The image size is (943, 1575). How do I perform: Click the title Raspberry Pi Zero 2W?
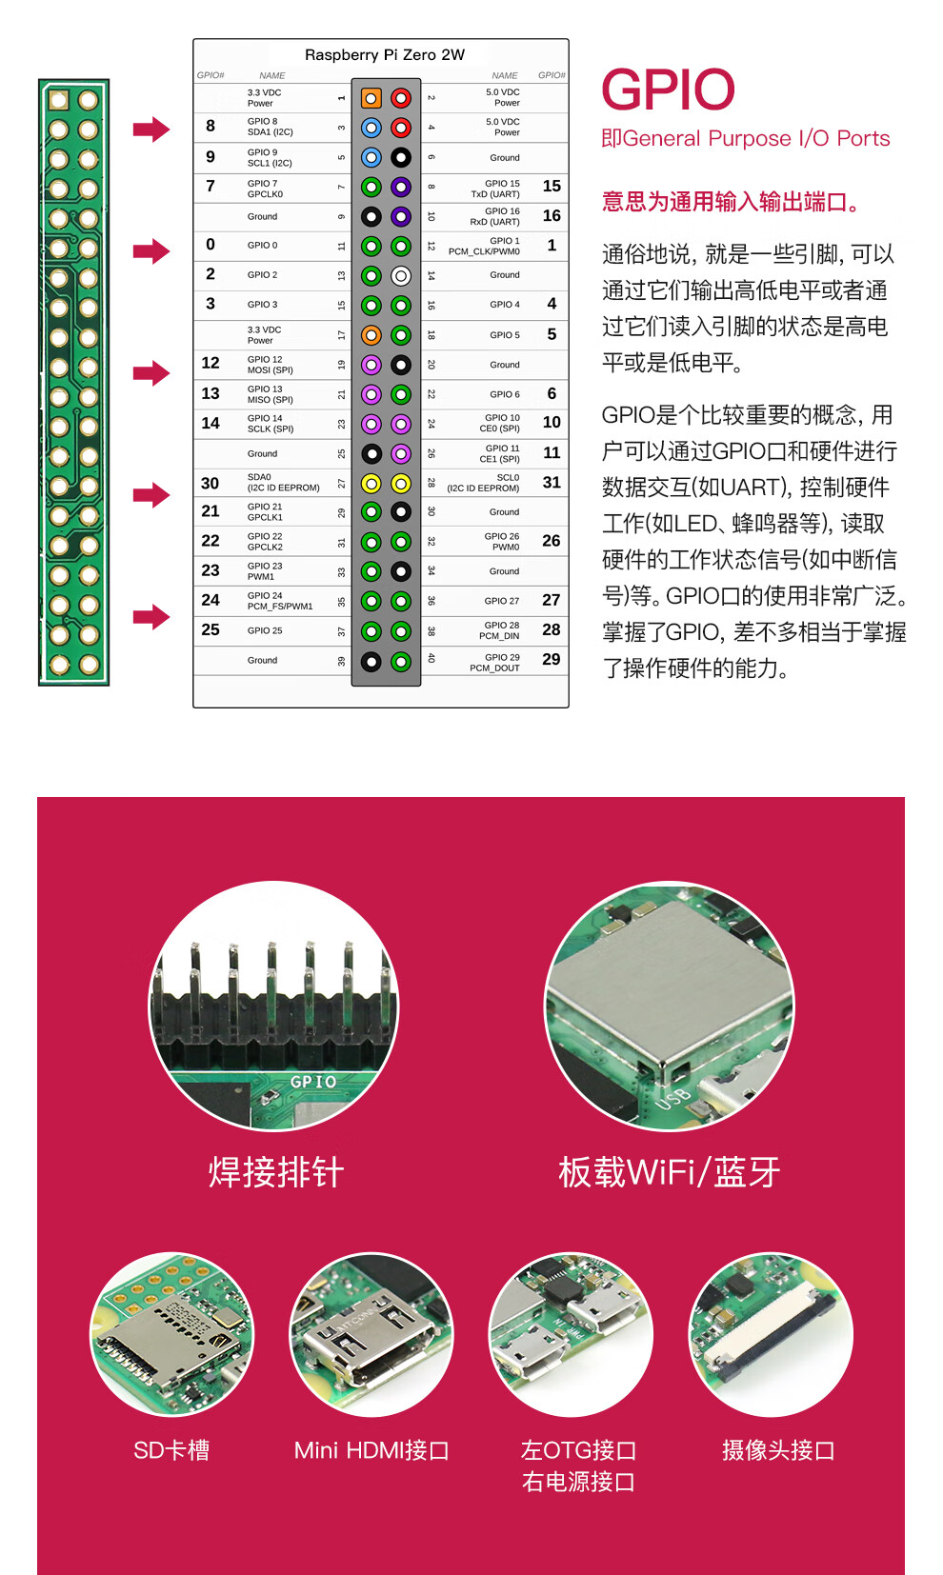coord(384,55)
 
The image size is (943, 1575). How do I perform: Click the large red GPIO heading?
coord(668,90)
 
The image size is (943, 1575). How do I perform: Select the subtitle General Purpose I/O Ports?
coord(746,139)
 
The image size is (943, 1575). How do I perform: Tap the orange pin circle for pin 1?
coord(371,98)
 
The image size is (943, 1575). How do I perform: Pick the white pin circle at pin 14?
coord(401,276)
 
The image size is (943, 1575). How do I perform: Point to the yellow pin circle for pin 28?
coord(401,484)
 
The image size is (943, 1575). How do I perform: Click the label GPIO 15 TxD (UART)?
coord(502,189)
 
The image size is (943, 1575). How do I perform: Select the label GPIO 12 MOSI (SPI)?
coord(271,365)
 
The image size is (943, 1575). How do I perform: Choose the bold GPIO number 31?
coord(552,483)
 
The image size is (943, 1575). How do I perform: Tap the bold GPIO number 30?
coord(210,484)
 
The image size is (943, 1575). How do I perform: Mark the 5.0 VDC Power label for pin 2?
coord(502,97)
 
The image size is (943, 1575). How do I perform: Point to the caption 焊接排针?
coord(276,1172)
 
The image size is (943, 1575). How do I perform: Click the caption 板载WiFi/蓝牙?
coord(669,1172)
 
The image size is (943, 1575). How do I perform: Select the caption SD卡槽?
coord(171,1450)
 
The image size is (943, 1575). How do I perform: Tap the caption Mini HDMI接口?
coord(371,1450)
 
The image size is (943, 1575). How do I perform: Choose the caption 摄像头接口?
coord(778,1450)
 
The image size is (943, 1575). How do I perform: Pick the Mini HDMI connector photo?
coord(371,1334)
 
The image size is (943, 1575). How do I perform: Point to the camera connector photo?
coord(771,1334)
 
